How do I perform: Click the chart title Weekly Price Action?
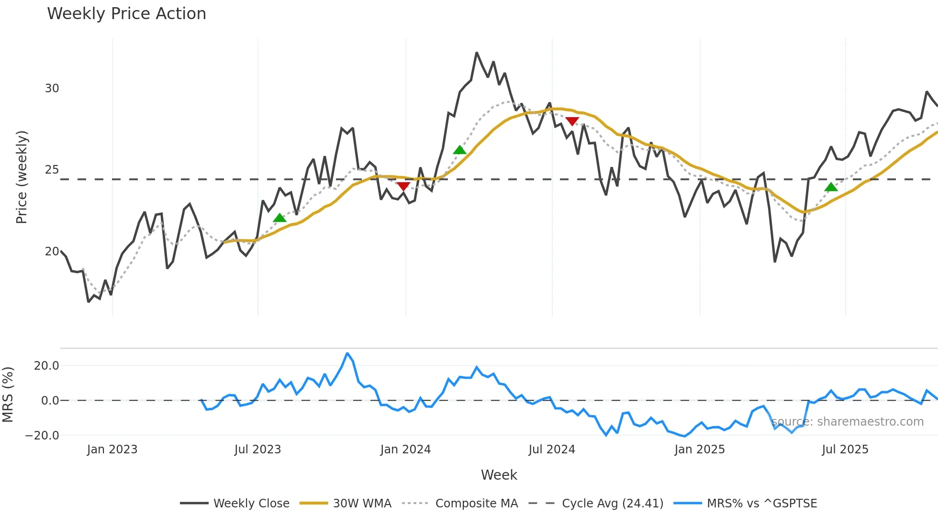(126, 13)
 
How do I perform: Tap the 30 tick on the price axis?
(52, 88)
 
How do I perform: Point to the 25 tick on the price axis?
(52, 170)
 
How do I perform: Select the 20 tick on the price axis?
(52, 252)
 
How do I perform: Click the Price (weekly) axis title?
(22, 177)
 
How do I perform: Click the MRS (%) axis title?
(8, 395)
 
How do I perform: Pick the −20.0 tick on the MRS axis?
(42, 436)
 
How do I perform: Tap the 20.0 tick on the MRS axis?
(46, 366)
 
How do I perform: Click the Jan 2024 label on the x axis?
(405, 450)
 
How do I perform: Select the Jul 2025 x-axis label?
(845, 450)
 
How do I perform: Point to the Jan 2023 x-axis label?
(112, 450)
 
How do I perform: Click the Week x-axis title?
(499, 475)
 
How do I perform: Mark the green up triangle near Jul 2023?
(279, 218)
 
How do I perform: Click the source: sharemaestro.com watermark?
(847, 422)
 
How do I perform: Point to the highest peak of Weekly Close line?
(477, 53)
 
